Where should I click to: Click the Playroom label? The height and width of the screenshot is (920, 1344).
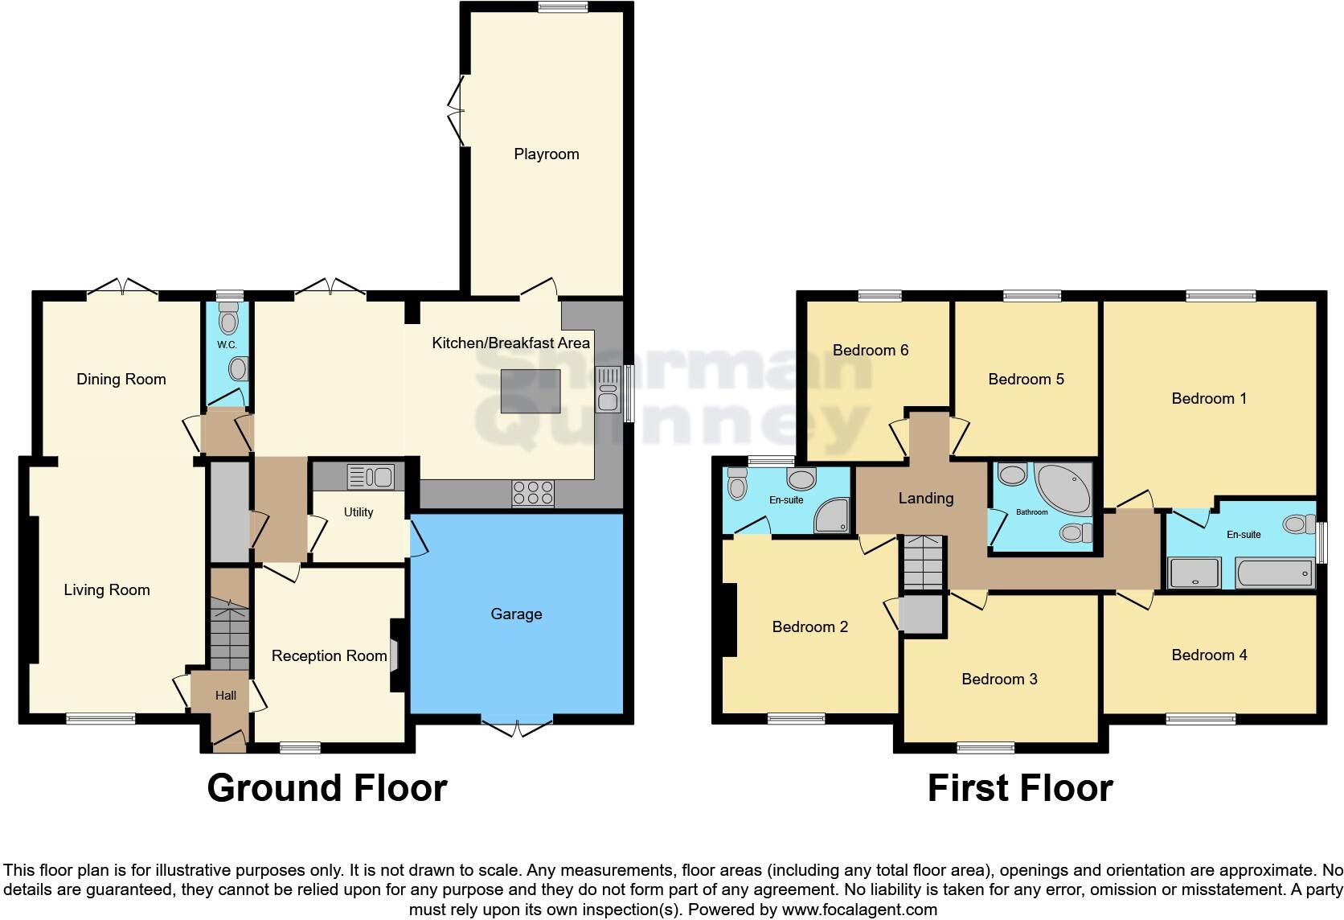[x=546, y=154]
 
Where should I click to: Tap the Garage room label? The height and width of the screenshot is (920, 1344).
[x=516, y=614]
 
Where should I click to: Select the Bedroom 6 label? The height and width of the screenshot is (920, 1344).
[x=871, y=350]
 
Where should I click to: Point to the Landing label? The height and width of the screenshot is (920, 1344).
[x=926, y=499]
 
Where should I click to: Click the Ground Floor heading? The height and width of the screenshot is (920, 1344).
[x=326, y=788]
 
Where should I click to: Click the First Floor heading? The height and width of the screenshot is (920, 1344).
[x=1020, y=788]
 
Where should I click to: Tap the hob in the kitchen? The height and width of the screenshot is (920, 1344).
[x=532, y=493]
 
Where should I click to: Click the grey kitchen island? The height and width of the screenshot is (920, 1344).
[x=531, y=391]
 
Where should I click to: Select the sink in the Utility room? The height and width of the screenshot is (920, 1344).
[x=371, y=477]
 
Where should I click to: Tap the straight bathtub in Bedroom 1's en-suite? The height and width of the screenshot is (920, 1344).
[x=1274, y=573]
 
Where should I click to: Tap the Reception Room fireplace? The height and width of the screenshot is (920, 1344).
[x=395, y=654]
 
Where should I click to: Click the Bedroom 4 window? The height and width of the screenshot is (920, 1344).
[x=1200, y=718]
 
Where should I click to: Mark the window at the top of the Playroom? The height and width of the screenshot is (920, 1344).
[x=563, y=7]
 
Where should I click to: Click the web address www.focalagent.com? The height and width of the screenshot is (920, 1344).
[x=858, y=910]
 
